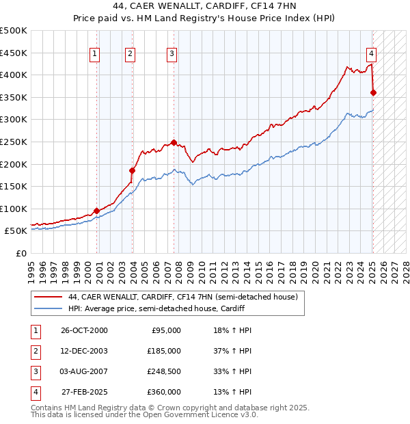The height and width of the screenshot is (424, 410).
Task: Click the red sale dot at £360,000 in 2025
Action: pos(374,92)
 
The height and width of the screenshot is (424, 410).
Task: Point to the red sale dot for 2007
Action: pos(174,142)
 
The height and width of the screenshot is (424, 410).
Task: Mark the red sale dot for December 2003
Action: pos(132,170)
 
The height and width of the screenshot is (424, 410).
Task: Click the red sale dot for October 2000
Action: pos(97,211)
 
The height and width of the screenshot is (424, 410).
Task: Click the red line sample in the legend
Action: pos(47,297)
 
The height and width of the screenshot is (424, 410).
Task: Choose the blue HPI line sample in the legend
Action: pos(47,309)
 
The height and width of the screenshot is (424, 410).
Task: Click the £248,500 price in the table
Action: pos(163,371)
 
